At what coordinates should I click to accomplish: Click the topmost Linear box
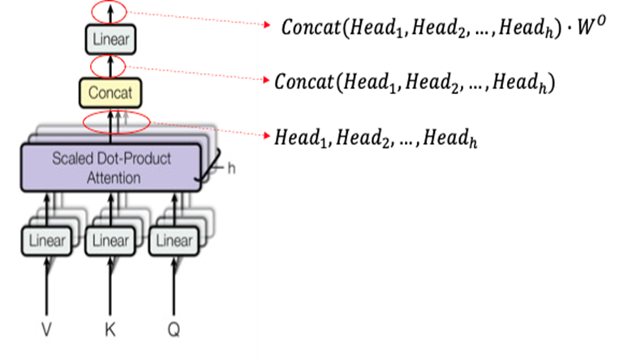110,39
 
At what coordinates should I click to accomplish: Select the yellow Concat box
110,92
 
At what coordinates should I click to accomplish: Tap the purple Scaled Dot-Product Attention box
110,167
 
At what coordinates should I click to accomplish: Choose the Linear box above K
110,240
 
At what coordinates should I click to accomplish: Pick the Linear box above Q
173,240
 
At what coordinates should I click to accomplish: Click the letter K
110,329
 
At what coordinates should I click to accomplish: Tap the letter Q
173,329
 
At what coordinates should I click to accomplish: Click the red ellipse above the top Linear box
109,12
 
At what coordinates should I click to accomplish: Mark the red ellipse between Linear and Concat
109,66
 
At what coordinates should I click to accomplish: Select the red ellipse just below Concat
117,122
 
